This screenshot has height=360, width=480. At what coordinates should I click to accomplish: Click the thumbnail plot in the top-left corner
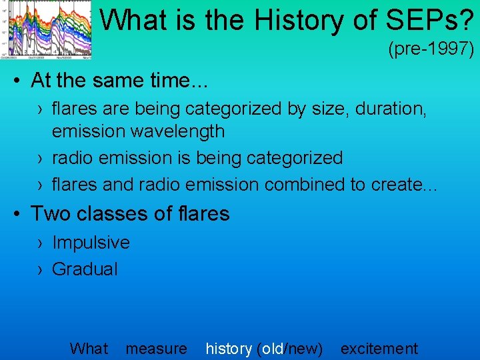coord(46,29)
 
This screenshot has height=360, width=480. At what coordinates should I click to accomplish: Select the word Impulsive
coord(91,243)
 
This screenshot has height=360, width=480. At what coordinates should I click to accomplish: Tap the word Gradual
coord(85,269)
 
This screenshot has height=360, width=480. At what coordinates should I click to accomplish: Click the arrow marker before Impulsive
coord(41,243)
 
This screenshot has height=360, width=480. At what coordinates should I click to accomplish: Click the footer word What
coord(88,349)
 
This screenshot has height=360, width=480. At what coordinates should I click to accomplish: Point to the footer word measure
coord(156,349)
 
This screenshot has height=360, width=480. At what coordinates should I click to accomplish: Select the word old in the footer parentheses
coord(273,349)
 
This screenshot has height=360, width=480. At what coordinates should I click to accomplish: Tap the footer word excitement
coord(379,349)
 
